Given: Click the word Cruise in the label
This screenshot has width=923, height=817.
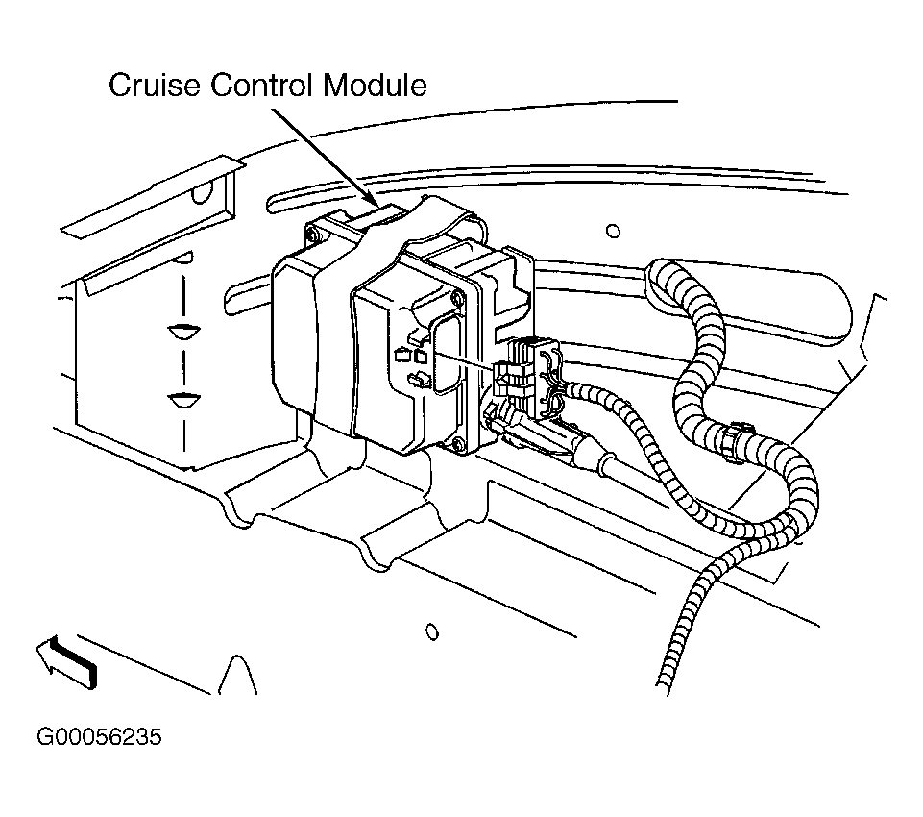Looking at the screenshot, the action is point(155,85).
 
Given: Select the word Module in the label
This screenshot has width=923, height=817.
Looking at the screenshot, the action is point(375,85).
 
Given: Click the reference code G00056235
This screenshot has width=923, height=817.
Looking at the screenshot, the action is point(99,737).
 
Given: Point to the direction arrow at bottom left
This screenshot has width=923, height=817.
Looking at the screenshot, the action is point(66,662).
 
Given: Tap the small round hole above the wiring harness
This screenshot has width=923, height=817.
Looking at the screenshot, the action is point(614,231).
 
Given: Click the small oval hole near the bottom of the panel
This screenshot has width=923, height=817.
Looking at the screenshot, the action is point(432,632).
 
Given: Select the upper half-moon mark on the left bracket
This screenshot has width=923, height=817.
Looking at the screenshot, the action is point(184,331).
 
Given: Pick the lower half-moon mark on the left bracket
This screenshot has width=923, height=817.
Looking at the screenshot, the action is point(184,400).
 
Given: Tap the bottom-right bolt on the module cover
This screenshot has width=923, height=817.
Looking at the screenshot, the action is point(456,446).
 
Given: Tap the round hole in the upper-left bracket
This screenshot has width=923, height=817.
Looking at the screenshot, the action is point(203,191).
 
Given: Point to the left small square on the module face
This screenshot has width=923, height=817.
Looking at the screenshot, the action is point(401,356).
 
